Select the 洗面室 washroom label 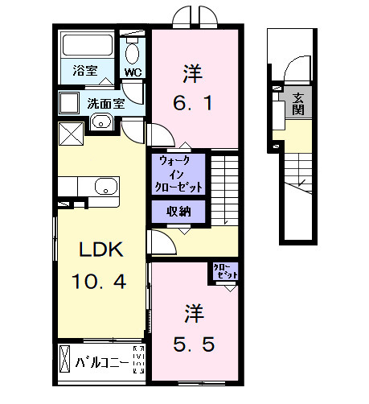coord(105,103)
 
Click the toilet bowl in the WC coord(133,52)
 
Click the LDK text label coord(100,250)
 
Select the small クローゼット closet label coord(224,272)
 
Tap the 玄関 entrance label coord(298,102)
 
